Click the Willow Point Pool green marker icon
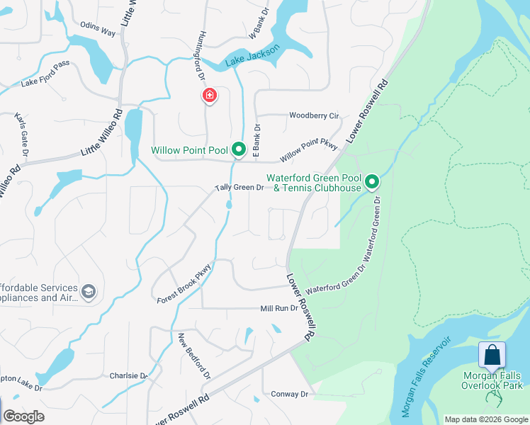(239, 149)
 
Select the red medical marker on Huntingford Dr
(210, 96)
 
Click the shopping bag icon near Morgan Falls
(492, 354)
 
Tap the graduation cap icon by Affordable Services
(89, 292)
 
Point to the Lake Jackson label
(253, 57)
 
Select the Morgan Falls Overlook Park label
(492, 380)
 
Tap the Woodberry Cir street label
(314, 115)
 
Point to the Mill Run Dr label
(279, 309)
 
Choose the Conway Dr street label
(291, 394)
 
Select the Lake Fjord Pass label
(45, 83)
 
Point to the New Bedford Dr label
(194, 356)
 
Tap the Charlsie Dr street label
(128, 375)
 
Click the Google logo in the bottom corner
(23, 416)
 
